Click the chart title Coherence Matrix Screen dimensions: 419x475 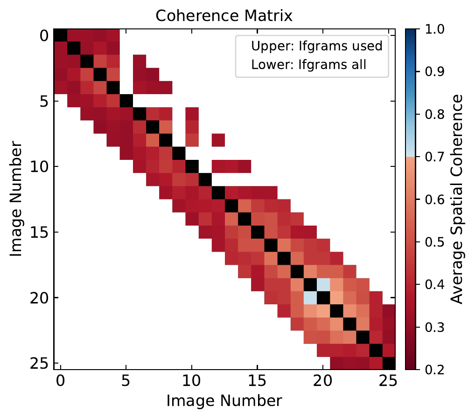coord(224,15)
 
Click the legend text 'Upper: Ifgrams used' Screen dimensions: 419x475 coord(317,46)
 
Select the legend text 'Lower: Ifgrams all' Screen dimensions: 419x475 coord(309,64)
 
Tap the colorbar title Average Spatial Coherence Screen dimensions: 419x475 coord(458,199)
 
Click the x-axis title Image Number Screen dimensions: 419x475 coord(224,401)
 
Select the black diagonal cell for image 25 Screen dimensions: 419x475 coord(389,363)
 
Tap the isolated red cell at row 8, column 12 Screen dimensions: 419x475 coord(218,140)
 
